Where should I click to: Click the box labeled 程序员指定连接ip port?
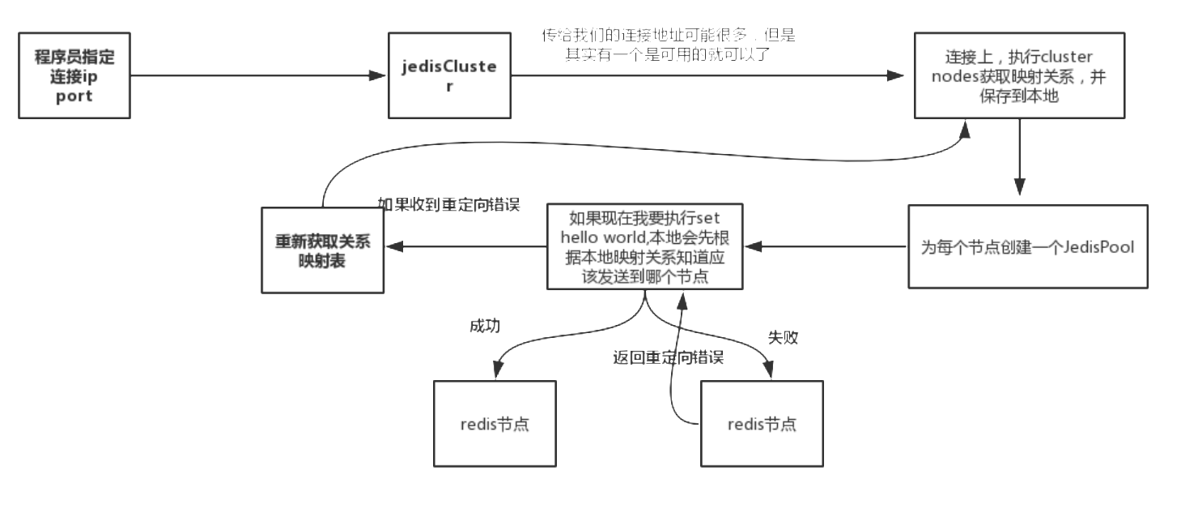tap(74, 76)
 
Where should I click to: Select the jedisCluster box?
tap(449, 76)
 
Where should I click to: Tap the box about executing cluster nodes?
tap(1019, 76)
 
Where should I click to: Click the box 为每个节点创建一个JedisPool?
tap(1027, 246)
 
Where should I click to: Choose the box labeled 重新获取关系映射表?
tap(322, 250)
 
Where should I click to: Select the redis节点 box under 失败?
tap(762, 423)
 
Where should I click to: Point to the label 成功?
tap(485, 326)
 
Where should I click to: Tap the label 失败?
tap(783, 338)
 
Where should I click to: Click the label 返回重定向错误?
tap(668, 357)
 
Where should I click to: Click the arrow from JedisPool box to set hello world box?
tap(826, 246)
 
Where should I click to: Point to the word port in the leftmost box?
tap(74, 95)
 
